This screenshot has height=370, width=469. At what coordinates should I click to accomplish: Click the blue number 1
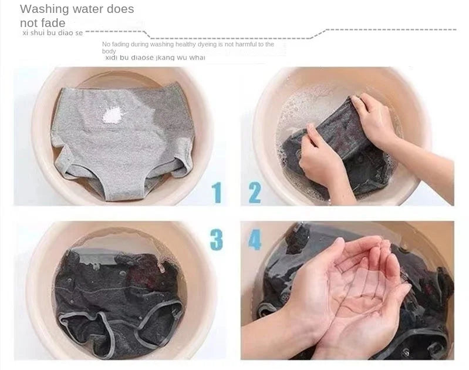(x=217, y=192)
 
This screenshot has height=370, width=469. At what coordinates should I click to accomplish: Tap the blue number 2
(x=255, y=193)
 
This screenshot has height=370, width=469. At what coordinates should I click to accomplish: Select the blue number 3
(x=217, y=240)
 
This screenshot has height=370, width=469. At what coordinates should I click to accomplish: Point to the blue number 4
(x=255, y=240)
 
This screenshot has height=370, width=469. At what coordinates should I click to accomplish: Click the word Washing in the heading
(x=45, y=9)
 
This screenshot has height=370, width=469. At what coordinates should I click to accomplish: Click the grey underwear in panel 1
(x=123, y=141)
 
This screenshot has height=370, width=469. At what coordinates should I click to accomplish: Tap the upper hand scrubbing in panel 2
(x=376, y=120)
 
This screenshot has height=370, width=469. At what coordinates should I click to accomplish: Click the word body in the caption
(x=109, y=51)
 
